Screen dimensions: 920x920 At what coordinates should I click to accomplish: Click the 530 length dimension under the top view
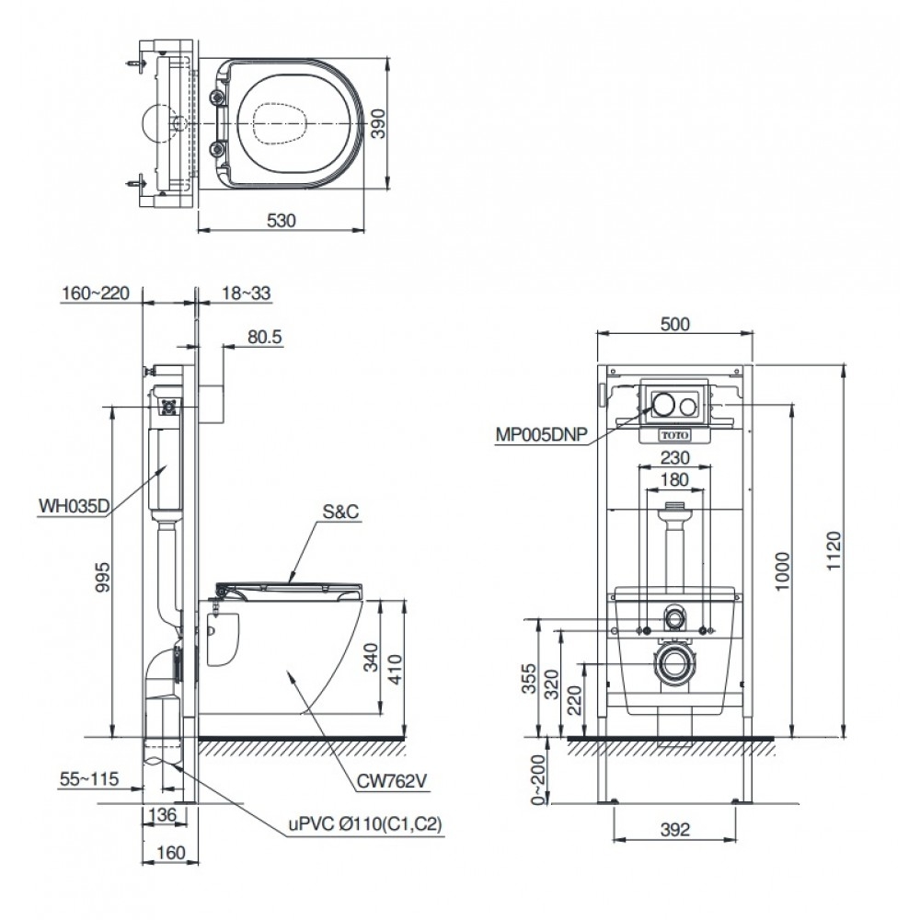point(282,221)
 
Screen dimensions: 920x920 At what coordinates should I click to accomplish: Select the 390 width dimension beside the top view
point(380,124)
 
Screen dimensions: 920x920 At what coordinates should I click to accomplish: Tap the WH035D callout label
point(74,506)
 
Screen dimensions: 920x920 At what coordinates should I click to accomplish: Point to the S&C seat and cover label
point(340,512)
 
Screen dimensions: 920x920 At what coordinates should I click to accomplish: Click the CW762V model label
point(392,781)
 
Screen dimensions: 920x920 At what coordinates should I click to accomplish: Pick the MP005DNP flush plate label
point(542,435)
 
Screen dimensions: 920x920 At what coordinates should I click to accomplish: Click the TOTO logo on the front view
point(675,435)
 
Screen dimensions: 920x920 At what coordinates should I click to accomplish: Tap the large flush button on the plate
point(663,404)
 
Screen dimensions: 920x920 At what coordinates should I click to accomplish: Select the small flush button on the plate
point(688,405)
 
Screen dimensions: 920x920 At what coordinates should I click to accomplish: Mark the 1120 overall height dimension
point(834,550)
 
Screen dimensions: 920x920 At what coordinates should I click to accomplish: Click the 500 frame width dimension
point(675,324)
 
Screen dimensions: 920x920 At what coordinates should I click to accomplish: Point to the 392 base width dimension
point(675,830)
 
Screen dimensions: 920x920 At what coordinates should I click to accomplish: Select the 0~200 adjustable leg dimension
point(538,780)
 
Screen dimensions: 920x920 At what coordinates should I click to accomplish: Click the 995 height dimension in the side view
point(102,577)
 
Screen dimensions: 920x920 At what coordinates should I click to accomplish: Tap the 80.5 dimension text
point(265,337)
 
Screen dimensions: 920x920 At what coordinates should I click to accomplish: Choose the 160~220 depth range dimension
point(96,293)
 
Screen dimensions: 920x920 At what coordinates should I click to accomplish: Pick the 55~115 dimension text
point(89,779)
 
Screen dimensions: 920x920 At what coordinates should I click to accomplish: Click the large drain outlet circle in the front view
point(675,663)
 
